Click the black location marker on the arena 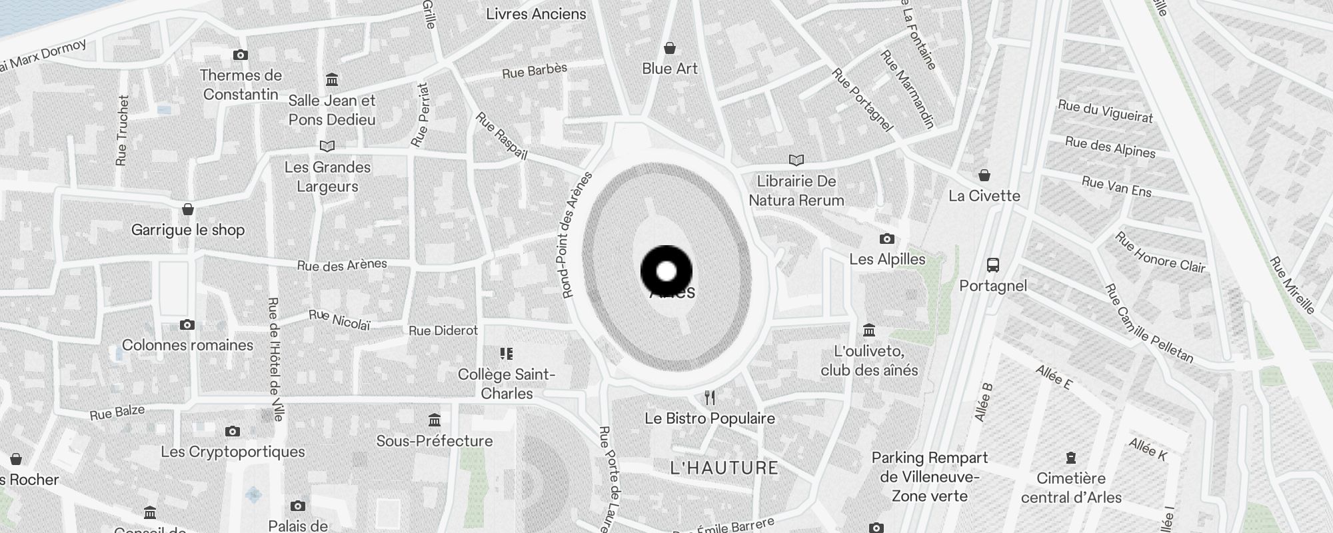[x=666, y=271]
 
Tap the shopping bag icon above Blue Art [x=670, y=48]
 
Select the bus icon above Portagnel [x=993, y=265]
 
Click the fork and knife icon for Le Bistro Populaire [x=710, y=398]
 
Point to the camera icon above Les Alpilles [x=886, y=239]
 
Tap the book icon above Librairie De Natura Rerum [x=796, y=160]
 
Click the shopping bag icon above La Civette [x=984, y=175]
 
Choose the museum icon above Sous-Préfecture [x=435, y=420]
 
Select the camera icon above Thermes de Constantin [x=241, y=55]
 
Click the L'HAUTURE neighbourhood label [x=724, y=468]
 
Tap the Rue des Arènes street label [x=342, y=265]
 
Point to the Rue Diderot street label [x=443, y=330]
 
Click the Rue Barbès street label [x=535, y=70]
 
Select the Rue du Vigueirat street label [x=1105, y=111]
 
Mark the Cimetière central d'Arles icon [x=1071, y=458]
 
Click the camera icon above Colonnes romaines [x=187, y=325]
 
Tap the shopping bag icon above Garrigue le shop [x=188, y=209]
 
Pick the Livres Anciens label [x=536, y=14]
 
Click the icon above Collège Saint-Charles [x=507, y=353]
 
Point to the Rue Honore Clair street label [x=1160, y=253]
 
